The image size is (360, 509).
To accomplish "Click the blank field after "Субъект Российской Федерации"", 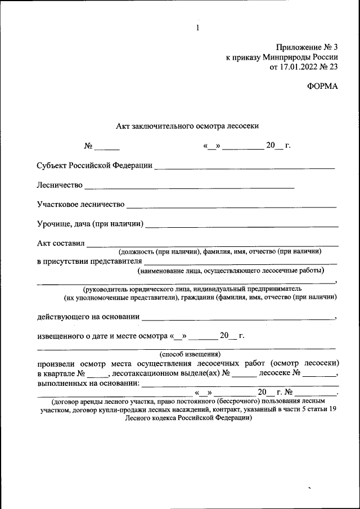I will coord(244,166).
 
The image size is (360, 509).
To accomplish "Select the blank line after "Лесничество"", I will coord(189,186).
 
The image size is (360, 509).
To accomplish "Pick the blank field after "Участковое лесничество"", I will coord(231,205).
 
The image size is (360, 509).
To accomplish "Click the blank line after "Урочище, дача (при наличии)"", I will coord(242,225).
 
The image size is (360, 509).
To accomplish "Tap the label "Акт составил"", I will coord(60,244).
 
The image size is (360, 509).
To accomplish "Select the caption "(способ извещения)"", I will coord(190,354).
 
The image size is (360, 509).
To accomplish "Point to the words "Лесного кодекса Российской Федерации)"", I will coord(188,418).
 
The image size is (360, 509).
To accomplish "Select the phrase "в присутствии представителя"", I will coord(89,262).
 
